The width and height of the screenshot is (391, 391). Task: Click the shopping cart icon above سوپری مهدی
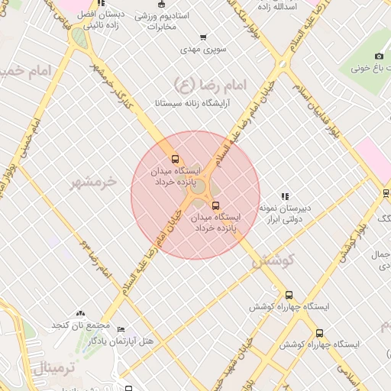[x=202, y=37]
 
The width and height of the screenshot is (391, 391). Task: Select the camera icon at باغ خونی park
[x=379, y=56]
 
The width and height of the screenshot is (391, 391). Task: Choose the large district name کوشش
[x=273, y=260]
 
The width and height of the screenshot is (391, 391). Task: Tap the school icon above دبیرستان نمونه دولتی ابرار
[x=286, y=196]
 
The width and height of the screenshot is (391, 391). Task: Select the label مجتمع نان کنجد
[x=81, y=325]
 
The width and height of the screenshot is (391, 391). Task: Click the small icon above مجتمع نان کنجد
[x=81, y=314]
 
